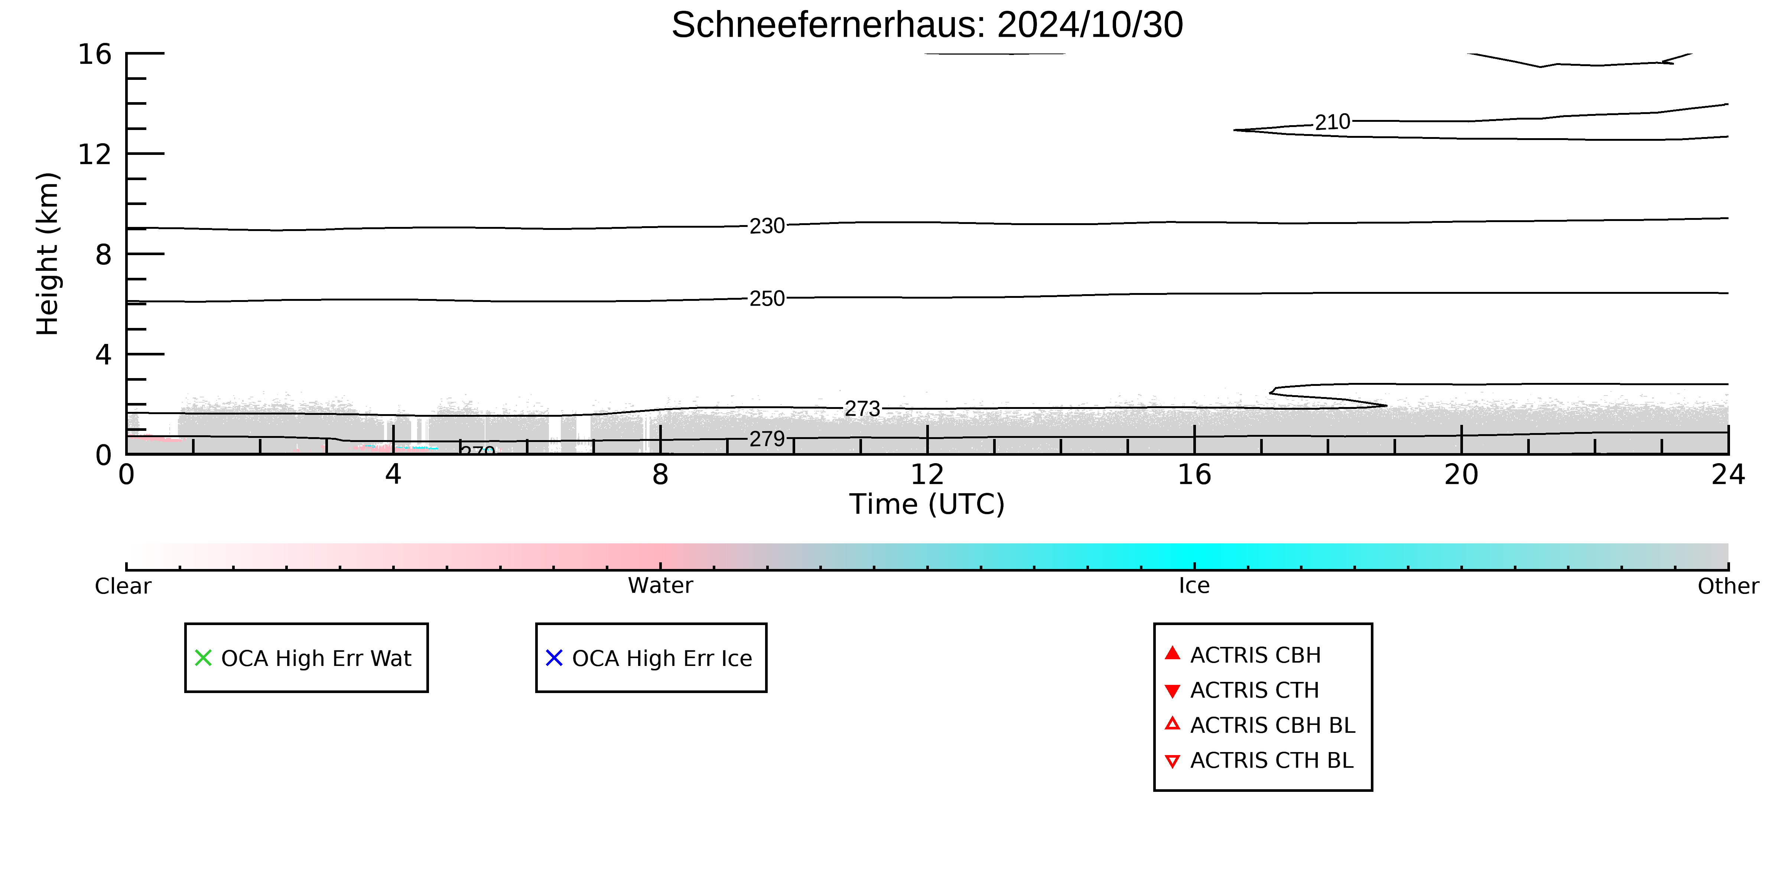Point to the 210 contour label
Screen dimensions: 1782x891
1332,123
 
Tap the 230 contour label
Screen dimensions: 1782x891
767,226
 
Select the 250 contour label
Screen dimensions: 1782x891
767,299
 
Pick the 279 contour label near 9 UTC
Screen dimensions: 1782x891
767,439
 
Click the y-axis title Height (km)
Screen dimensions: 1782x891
48,254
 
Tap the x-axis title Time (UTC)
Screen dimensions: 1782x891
927,504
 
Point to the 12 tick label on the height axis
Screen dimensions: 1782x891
95,154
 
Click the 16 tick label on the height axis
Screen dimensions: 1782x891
95,54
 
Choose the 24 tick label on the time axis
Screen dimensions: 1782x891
1728,475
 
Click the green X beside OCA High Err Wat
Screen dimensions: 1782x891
204,658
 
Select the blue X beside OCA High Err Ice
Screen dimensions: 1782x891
554,658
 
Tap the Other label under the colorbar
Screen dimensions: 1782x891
1728,586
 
